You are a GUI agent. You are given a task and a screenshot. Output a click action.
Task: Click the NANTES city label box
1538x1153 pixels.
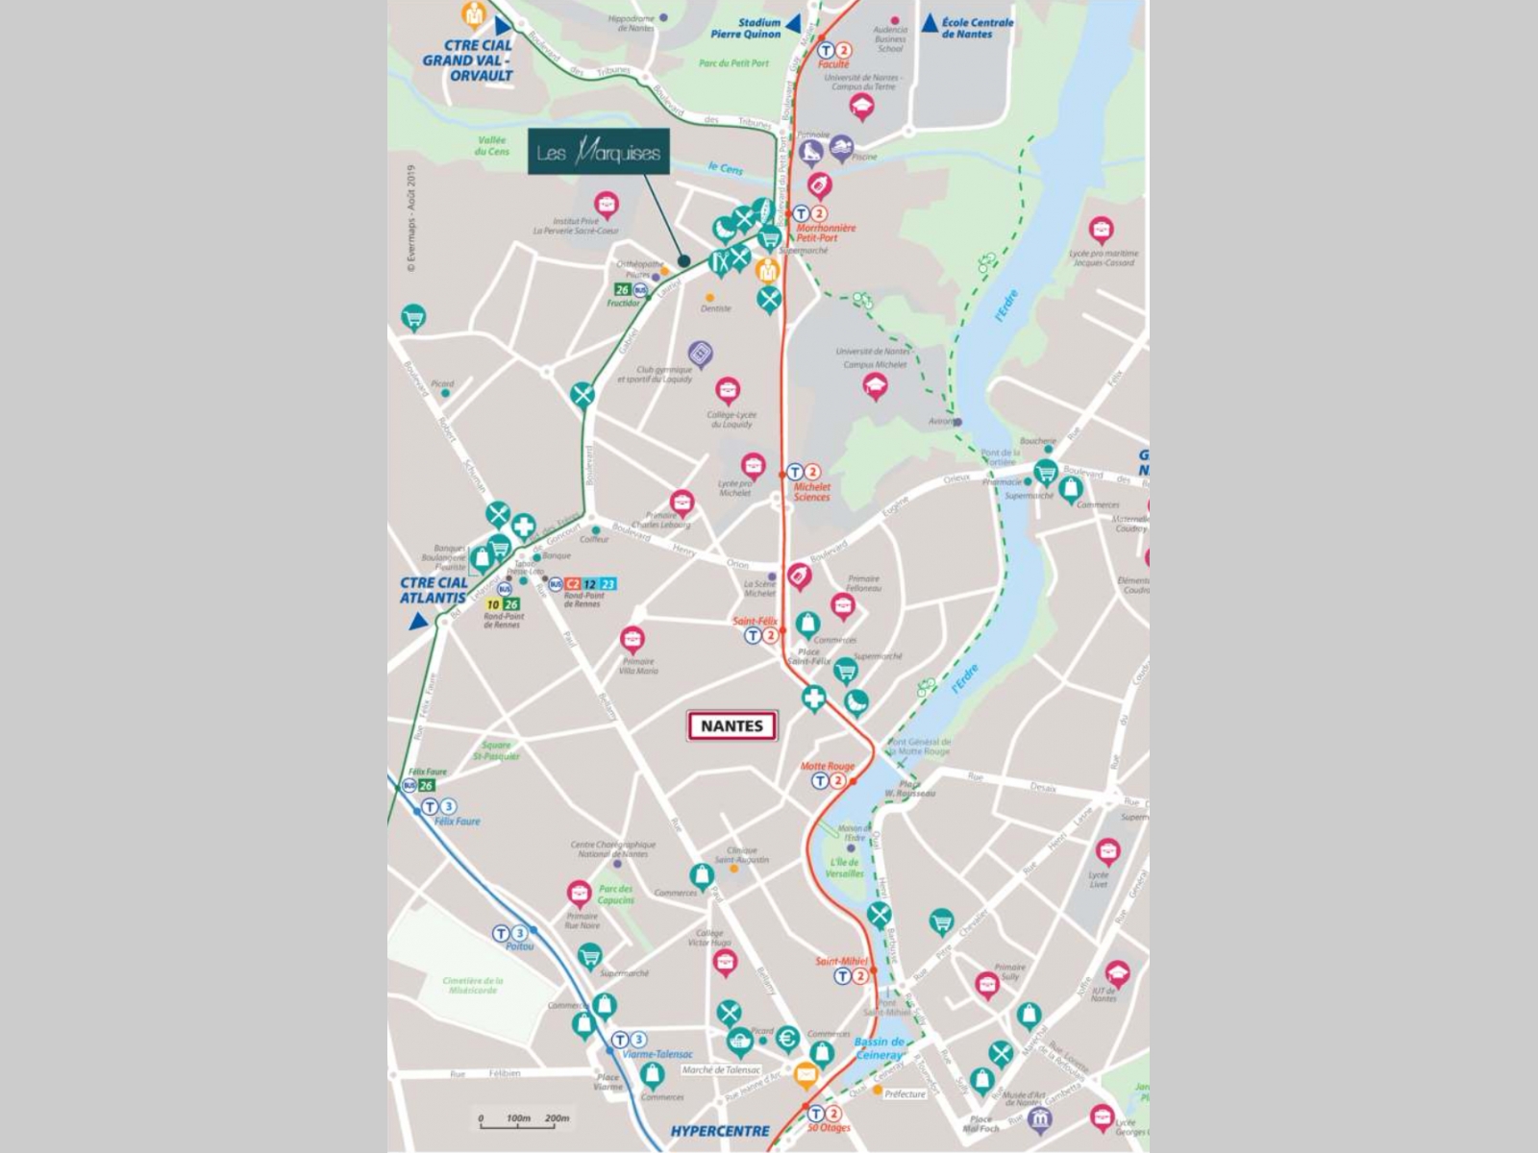(x=732, y=726)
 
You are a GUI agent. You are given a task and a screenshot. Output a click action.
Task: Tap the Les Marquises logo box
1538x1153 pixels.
(x=598, y=152)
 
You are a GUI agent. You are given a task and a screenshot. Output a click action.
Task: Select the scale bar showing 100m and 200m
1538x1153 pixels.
(x=524, y=1119)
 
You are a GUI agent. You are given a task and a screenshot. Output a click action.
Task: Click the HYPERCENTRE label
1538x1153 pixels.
(x=720, y=1131)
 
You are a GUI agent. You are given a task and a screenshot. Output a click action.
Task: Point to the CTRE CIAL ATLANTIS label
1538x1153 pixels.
(x=434, y=590)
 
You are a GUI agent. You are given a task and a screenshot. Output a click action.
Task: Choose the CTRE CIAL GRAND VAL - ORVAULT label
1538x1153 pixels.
(x=468, y=60)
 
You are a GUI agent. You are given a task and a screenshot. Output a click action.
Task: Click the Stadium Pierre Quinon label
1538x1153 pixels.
(x=746, y=29)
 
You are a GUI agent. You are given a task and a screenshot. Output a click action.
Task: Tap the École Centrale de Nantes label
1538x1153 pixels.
(x=978, y=28)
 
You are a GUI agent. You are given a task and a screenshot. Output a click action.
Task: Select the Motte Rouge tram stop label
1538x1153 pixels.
(x=828, y=767)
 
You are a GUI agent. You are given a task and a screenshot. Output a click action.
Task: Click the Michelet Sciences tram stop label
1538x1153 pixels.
(x=812, y=492)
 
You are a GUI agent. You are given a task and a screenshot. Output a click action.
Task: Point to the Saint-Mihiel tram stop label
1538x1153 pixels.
(x=841, y=961)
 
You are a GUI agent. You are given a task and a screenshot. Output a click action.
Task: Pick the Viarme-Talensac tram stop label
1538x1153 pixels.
(x=657, y=1054)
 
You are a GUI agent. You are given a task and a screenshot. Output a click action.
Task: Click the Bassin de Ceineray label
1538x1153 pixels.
(x=880, y=1048)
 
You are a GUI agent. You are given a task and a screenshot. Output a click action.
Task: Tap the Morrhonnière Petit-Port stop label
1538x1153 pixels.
(x=825, y=233)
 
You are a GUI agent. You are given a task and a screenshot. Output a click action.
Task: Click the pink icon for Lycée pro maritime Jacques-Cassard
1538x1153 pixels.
(x=1101, y=230)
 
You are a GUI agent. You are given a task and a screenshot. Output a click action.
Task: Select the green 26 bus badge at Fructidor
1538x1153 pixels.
(x=622, y=289)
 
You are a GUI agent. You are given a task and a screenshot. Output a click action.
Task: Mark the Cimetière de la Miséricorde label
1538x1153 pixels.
(x=473, y=985)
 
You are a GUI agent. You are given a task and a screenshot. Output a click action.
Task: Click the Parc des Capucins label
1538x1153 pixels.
(x=615, y=895)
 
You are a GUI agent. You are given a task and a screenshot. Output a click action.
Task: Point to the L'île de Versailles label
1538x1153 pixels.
(x=845, y=868)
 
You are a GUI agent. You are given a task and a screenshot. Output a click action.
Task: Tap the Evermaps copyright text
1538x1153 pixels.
(x=411, y=219)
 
